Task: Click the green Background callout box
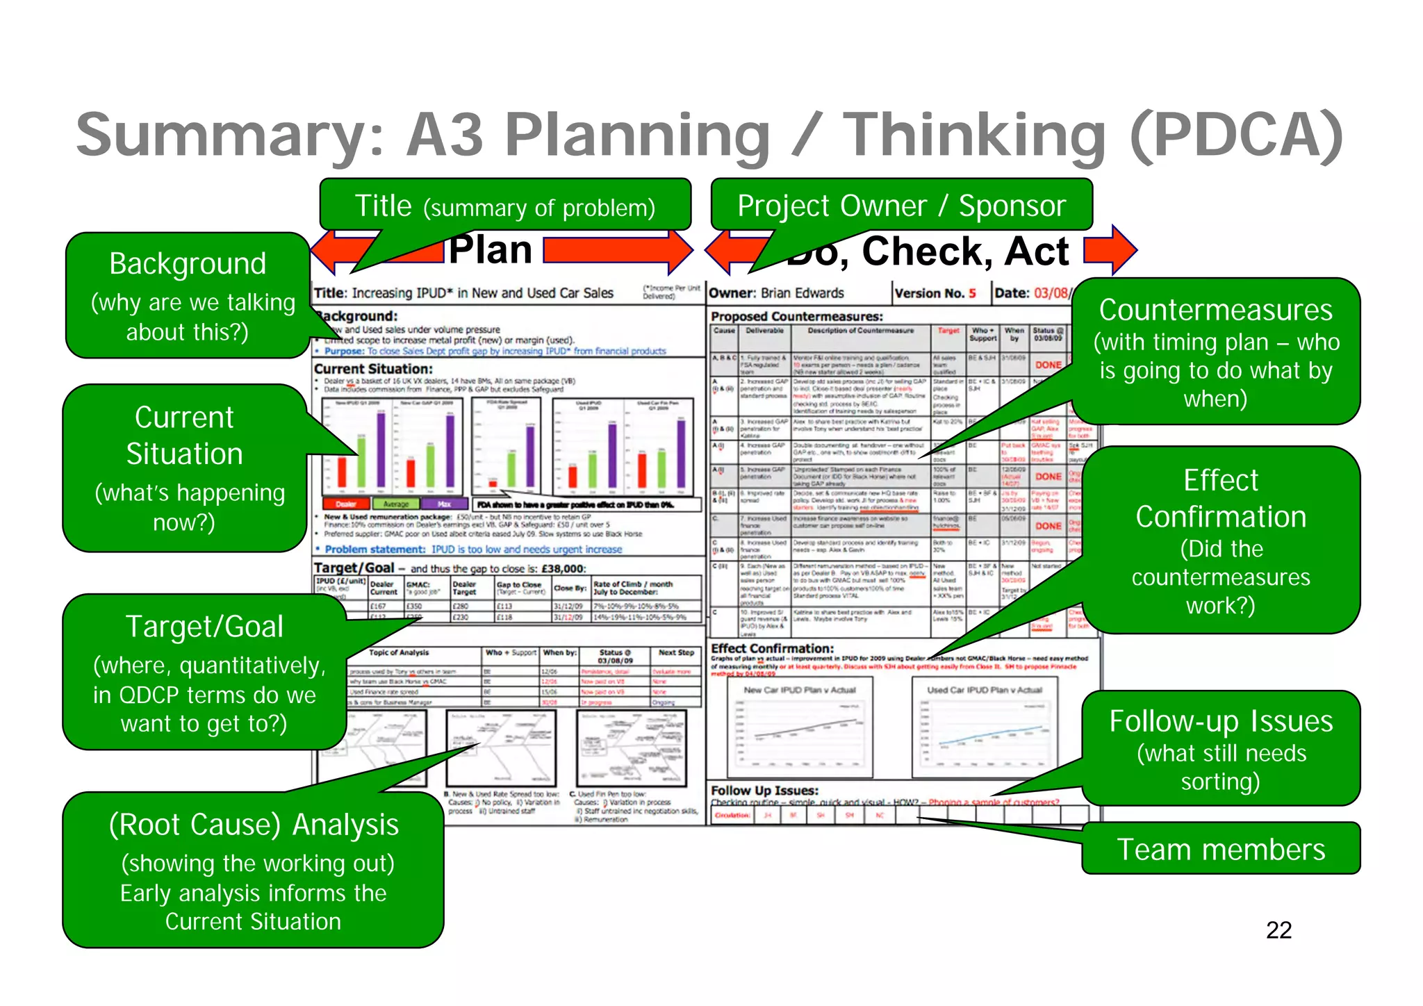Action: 188,295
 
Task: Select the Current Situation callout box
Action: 184,468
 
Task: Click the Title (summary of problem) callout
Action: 505,206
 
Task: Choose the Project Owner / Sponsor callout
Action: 901,206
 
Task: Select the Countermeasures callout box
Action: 1216,352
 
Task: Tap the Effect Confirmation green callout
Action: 1221,540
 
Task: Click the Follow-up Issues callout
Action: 1221,748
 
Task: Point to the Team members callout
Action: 1221,849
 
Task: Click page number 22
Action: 1278,930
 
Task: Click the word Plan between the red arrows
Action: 491,250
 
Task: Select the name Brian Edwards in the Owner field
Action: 802,293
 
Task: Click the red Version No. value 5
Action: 972,293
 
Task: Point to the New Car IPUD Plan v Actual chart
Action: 799,727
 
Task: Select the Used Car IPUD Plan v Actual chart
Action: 985,727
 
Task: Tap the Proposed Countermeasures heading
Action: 796,316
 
